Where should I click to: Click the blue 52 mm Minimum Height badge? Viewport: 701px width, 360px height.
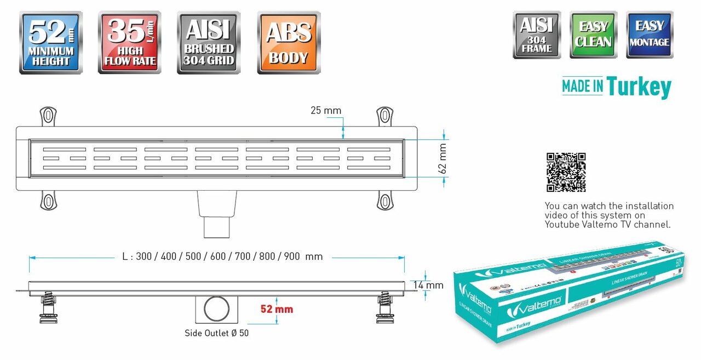pyautogui.click(x=51, y=42)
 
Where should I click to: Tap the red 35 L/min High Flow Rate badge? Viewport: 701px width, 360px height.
pyautogui.click(x=130, y=42)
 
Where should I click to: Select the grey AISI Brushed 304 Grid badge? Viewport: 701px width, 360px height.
pyautogui.click(x=209, y=42)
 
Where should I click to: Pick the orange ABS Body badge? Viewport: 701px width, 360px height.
pyautogui.click(x=288, y=42)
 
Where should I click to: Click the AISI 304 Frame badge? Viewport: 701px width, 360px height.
pyautogui.click(x=537, y=35)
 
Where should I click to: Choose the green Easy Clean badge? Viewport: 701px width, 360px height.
pyautogui.click(x=593, y=35)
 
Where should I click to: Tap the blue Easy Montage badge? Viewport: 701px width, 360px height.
pyautogui.click(x=650, y=35)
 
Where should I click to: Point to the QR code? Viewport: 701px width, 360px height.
pyautogui.click(x=566, y=172)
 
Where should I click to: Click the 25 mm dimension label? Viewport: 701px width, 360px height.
pyautogui.click(x=326, y=111)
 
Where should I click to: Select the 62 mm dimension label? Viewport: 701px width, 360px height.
pyautogui.click(x=443, y=157)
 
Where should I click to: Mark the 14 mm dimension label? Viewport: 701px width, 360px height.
pyautogui.click(x=429, y=285)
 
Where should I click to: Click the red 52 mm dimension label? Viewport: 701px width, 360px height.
pyautogui.click(x=277, y=310)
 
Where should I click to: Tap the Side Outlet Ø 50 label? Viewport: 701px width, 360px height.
pyautogui.click(x=217, y=333)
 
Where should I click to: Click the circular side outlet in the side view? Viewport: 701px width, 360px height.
pyautogui.click(x=216, y=310)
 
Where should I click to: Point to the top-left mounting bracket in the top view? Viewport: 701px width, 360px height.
pyautogui.click(x=48, y=117)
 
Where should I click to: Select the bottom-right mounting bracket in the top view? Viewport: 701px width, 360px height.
pyautogui.click(x=385, y=201)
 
